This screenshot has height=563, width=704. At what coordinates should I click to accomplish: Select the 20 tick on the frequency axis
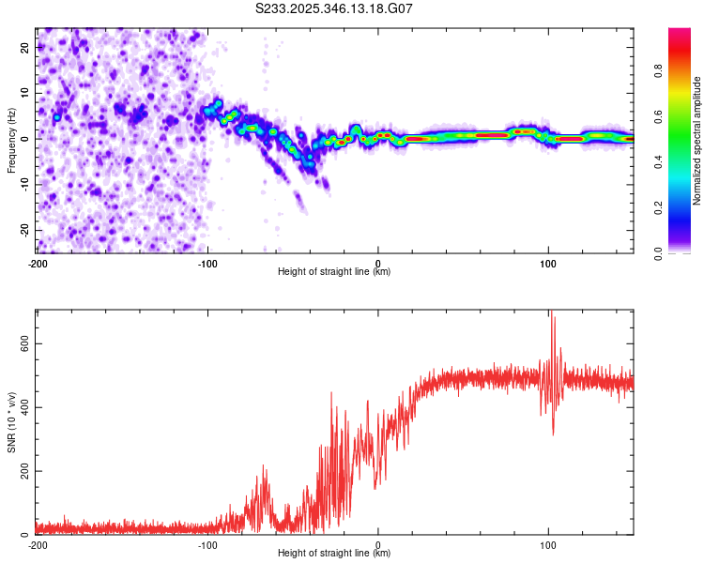tap(24, 47)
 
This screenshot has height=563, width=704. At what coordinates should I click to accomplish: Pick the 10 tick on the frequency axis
tap(24, 93)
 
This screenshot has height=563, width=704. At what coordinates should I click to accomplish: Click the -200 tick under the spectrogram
tap(38, 263)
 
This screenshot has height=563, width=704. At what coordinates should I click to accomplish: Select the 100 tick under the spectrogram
tap(548, 263)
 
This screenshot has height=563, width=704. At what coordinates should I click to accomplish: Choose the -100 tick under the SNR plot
tap(207, 544)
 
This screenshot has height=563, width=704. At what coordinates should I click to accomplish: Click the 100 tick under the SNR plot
tap(548, 544)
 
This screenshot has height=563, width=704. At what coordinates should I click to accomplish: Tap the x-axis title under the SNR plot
tap(335, 553)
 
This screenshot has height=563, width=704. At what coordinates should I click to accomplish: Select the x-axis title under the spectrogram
tap(335, 271)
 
